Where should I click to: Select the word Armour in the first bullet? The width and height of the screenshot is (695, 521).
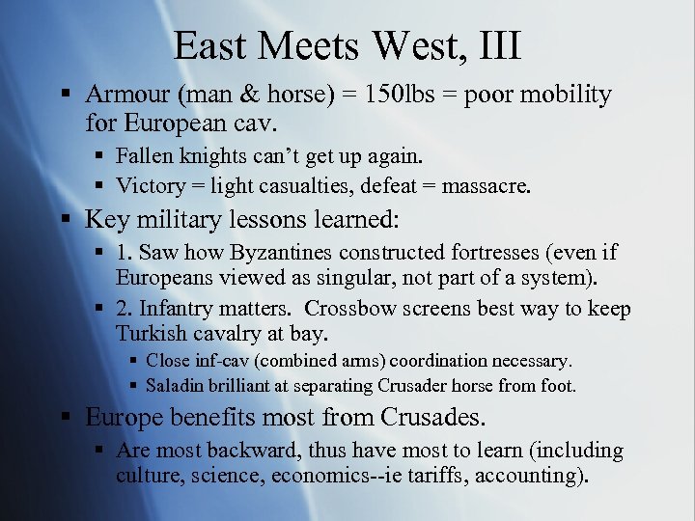(123, 95)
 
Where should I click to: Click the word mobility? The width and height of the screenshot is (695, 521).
(567, 95)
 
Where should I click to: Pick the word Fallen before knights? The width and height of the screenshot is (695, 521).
(146, 155)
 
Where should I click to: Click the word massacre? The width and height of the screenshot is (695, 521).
(486, 185)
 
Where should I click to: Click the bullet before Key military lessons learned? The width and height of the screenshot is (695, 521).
(65, 220)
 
